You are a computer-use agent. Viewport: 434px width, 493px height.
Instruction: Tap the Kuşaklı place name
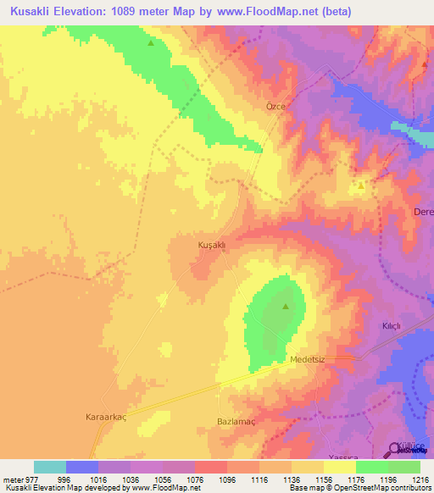[211, 245]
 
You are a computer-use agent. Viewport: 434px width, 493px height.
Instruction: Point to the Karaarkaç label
[109, 418]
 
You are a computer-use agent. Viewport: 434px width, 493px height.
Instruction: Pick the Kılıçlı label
[391, 326]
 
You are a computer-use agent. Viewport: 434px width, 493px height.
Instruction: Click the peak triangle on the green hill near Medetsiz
[286, 307]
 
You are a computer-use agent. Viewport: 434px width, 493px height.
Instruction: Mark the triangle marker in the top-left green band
[151, 43]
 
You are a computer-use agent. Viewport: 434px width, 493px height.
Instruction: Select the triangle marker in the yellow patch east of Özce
[361, 186]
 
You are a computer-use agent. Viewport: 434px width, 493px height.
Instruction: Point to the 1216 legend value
[420, 479]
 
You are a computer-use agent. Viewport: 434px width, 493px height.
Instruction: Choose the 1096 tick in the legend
[227, 479]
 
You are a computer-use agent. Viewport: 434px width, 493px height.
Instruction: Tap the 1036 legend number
[131, 479]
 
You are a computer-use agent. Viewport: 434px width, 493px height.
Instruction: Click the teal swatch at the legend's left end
[50, 467]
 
